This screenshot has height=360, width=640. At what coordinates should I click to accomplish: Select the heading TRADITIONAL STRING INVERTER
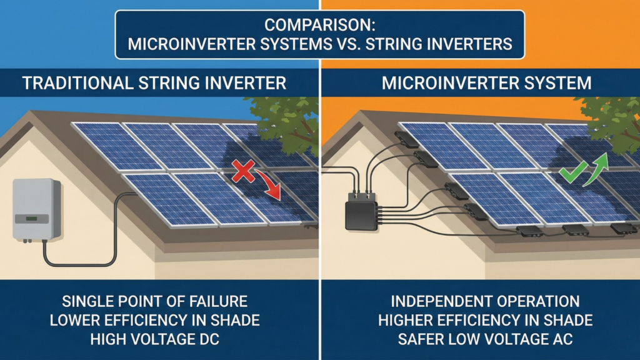coord(154,82)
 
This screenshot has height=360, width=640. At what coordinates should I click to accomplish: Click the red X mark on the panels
coord(241,170)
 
